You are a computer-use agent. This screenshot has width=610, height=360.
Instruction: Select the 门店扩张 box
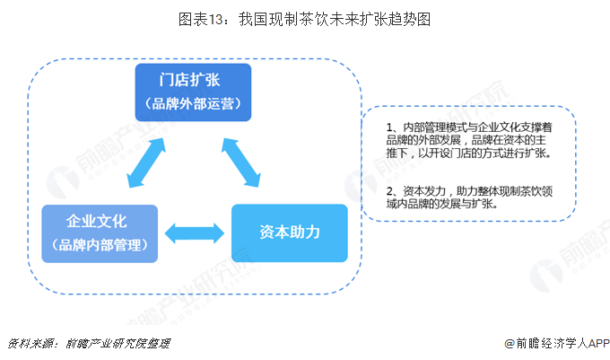coord(193,92)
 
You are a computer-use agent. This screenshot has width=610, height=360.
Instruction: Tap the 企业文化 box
coord(99,233)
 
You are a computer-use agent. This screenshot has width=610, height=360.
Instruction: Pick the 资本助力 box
coord(289,233)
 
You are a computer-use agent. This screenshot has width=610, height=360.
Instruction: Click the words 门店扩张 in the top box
coord(193,79)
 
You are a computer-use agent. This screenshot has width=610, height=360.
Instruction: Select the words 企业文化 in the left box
coord(99,221)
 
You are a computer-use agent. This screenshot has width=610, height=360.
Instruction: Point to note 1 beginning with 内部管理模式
coord(471,139)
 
